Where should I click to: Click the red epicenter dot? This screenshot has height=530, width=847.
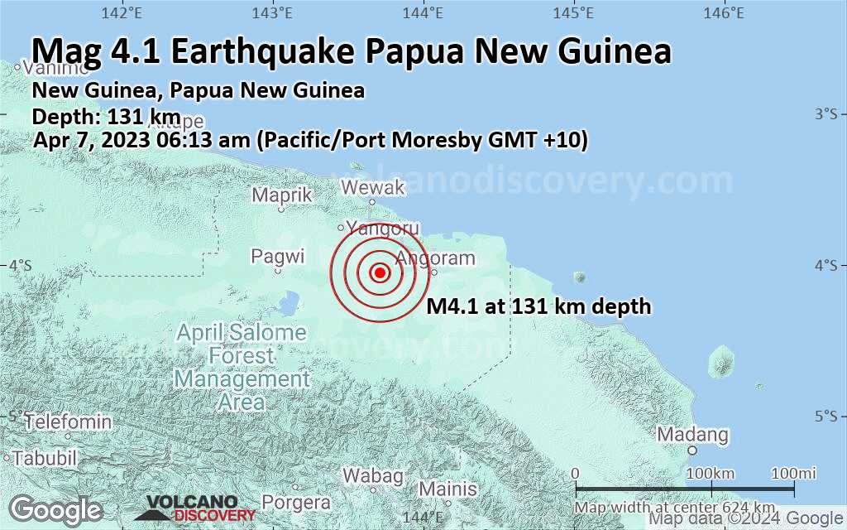(380, 272)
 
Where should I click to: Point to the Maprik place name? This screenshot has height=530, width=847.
(282, 195)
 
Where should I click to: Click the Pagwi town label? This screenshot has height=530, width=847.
(278, 256)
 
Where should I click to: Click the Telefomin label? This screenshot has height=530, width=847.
(68, 422)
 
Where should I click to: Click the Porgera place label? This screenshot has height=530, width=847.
(295, 502)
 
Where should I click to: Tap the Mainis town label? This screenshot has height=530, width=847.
(447, 488)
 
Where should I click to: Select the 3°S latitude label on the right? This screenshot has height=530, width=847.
(825, 113)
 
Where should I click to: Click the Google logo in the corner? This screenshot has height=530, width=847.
(56, 508)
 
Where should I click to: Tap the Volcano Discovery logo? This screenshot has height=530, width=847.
(192, 508)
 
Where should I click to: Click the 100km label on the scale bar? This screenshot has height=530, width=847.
(711, 473)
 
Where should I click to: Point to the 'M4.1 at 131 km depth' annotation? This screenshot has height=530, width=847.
(538, 307)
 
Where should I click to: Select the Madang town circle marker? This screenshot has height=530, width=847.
(692, 450)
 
